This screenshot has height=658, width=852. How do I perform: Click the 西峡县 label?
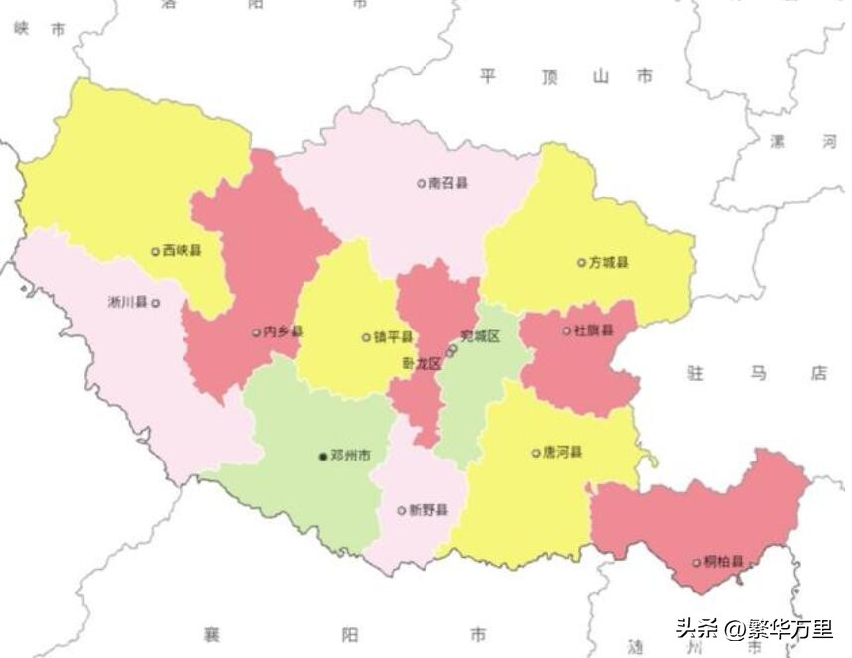[x=183, y=251]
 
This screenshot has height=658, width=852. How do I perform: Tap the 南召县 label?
[x=448, y=183]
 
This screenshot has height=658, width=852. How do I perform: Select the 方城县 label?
[x=609, y=263]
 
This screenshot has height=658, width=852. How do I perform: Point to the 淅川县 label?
[x=128, y=302]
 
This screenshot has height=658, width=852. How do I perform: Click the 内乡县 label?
[x=284, y=332]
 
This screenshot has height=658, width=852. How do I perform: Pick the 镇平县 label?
[x=394, y=337]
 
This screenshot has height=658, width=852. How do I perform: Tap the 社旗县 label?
[x=594, y=330]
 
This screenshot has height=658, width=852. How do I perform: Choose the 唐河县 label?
[x=562, y=453]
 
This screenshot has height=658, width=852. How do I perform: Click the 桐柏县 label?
[x=724, y=562]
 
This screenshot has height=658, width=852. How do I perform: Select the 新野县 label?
[x=428, y=510]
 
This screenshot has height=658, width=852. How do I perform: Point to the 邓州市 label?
[x=351, y=456]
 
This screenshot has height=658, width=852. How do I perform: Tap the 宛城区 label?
[x=481, y=336]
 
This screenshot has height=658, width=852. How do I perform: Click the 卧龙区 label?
[x=422, y=364]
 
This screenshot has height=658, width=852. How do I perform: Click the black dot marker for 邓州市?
[x=322, y=457]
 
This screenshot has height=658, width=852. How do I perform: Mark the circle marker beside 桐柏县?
[x=697, y=563]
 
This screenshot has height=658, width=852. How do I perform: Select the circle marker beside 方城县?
[x=581, y=263]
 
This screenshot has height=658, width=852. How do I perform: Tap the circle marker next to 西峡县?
[x=155, y=252]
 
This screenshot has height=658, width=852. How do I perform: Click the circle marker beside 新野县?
[x=402, y=511]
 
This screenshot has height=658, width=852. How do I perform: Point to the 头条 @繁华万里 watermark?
[x=754, y=628]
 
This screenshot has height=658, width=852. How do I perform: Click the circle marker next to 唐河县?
[x=536, y=453]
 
